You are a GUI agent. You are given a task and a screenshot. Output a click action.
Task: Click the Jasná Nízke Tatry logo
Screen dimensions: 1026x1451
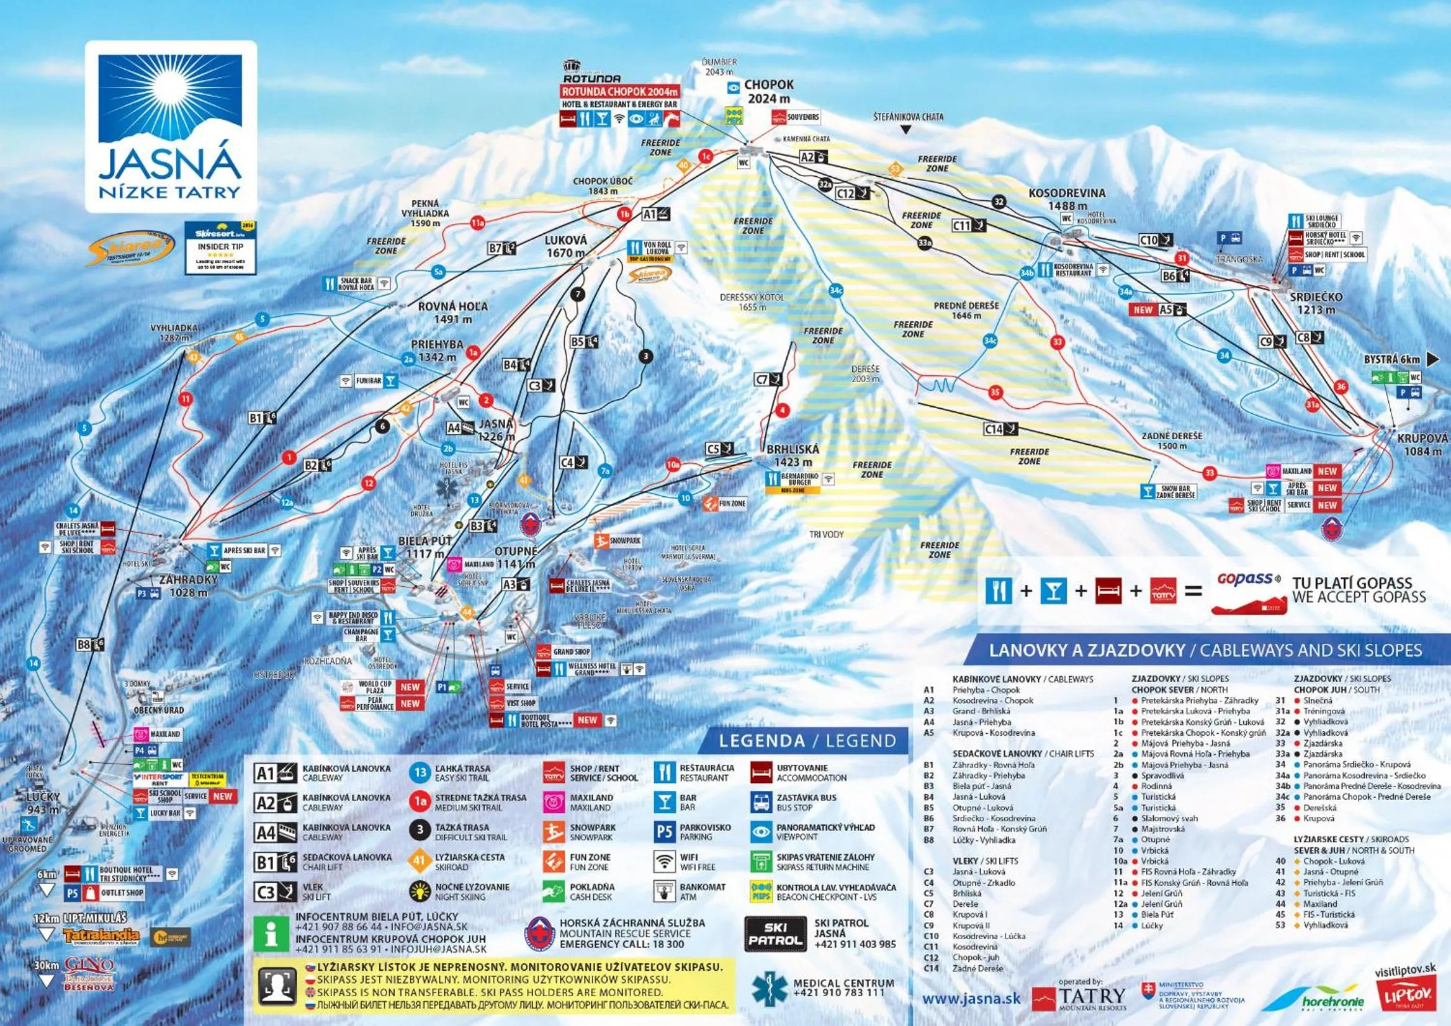[171, 127]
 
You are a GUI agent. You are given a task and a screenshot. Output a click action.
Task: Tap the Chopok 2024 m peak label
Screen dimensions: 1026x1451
[768, 92]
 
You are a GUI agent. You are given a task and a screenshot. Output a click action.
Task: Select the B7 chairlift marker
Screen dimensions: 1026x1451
[503, 248]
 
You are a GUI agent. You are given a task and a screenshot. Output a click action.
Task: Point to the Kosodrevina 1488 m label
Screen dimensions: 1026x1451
[1067, 199]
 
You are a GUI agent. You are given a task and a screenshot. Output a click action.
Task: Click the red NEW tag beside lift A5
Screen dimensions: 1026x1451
[1143, 310]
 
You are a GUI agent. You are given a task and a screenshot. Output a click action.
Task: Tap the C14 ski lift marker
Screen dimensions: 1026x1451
[1001, 429]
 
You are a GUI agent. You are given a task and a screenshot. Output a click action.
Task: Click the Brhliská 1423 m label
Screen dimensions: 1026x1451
[793, 455]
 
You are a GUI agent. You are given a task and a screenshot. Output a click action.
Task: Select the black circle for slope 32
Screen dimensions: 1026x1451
[999, 202]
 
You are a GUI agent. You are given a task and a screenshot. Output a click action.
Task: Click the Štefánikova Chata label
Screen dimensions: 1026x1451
[908, 117]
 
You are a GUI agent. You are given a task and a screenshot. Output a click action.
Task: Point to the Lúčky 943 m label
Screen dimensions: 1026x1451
[43, 802]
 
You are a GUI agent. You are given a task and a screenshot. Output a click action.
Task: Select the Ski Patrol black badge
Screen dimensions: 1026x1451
[775, 934]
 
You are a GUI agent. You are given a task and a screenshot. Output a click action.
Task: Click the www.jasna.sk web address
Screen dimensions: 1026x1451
[971, 998]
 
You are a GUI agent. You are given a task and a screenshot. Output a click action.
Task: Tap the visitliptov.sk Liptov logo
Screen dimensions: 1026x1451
[1405, 989]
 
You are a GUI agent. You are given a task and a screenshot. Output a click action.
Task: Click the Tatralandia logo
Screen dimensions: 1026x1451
[101, 935]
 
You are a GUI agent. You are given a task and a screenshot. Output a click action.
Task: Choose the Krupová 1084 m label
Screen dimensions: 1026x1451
[1422, 444]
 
